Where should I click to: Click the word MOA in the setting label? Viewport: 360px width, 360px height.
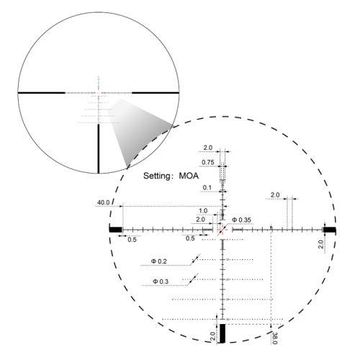point(182,174)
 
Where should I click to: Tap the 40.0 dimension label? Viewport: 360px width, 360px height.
point(102,203)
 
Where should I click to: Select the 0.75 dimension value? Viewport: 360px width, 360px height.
point(207,162)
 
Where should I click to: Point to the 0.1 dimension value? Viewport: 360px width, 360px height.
point(207,187)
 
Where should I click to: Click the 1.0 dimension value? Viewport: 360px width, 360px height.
point(203,211)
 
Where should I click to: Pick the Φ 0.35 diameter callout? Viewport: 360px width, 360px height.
point(242,219)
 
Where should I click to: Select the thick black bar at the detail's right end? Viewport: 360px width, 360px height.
point(330,229)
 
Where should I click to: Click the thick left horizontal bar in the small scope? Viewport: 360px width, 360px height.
point(42,92)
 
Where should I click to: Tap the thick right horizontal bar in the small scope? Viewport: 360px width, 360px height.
point(154,92)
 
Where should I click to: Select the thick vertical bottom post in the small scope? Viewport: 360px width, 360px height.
point(99,148)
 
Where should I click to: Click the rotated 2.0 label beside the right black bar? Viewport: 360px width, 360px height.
point(321,245)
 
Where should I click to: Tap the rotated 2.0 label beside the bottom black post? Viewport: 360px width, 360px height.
point(213,335)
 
